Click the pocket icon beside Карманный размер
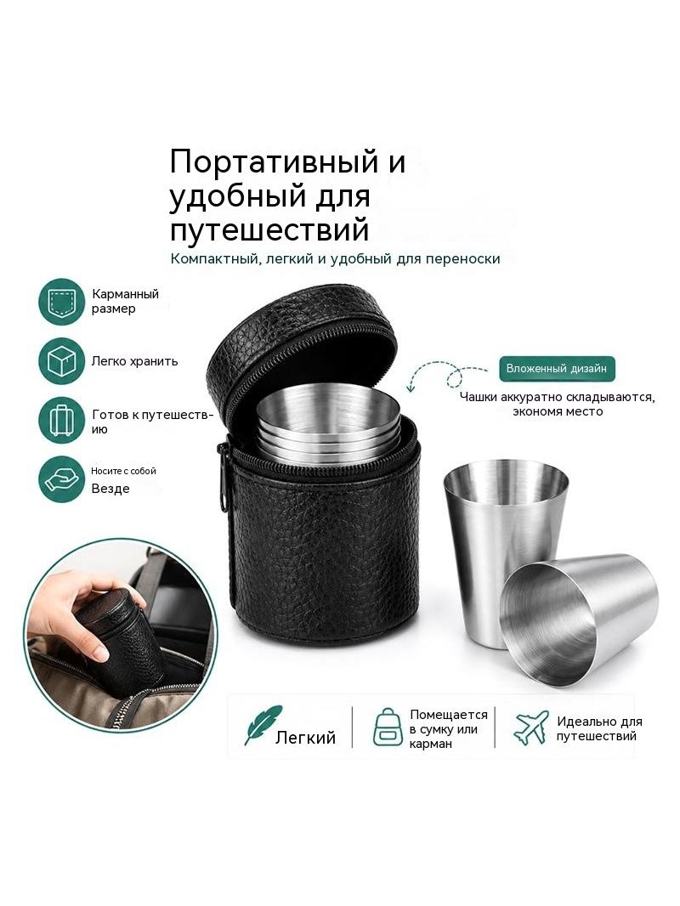click(x=61, y=301)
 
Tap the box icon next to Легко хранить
click(x=61, y=361)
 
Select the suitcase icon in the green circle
click(x=61, y=421)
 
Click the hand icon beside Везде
click(x=61, y=479)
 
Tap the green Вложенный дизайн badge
click(x=557, y=368)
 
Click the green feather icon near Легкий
click(x=263, y=725)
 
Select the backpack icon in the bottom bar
click(x=387, y=727)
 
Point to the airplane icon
click(x=530, y=728)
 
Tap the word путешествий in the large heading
click(x=269, y=229)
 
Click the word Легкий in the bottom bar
click(x=305, y=737)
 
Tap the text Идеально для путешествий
click(x=599, y=728)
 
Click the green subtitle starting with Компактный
click(x=335, y=259)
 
